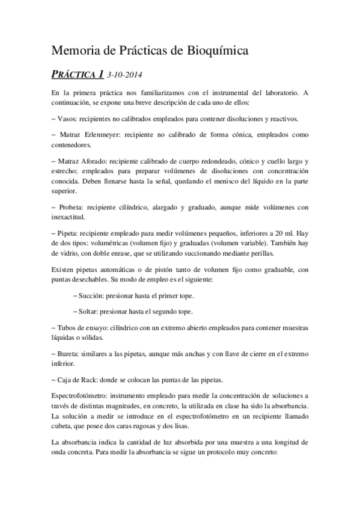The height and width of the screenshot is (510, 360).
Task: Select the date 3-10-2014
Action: pos(124,75)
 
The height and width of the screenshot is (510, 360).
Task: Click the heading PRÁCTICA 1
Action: pos(78,75)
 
